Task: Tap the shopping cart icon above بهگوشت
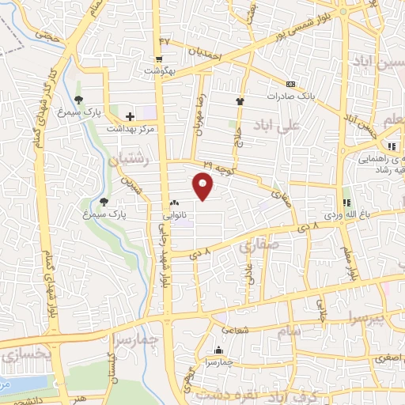point(159,59)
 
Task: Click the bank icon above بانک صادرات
point(291,84)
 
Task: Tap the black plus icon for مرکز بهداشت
point(130,116)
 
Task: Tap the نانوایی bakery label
point(174,214)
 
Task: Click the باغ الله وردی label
point(343,214)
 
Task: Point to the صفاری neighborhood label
point(257,248)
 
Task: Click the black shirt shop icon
point(240,100)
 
